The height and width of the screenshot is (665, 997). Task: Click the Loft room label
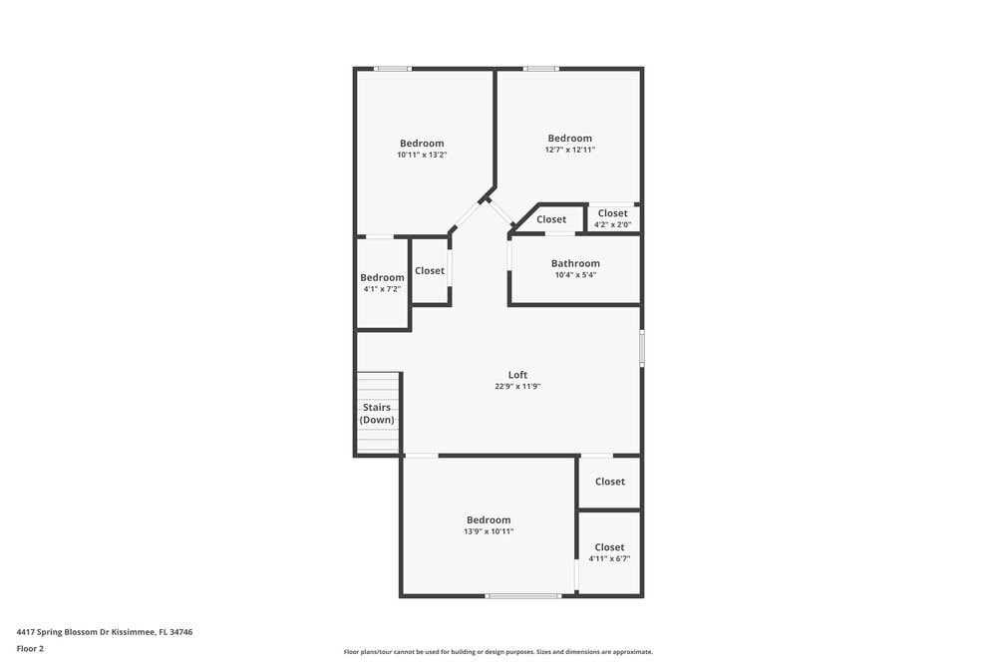coord(517,375)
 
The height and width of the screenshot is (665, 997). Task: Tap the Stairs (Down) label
coord(377,414)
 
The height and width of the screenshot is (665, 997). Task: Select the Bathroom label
coord(575,263)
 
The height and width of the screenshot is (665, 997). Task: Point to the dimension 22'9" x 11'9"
coord(517,387)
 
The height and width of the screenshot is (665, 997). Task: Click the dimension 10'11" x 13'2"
coord(422,155)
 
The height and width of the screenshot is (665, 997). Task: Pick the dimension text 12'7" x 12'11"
coord(569,150)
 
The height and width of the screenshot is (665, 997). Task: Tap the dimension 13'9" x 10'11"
coord(489,531)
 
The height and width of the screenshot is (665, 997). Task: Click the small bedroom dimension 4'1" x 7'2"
coord(382,289)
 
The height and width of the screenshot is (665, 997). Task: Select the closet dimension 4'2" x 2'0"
coord(613,224)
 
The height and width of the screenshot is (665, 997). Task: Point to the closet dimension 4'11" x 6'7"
coord(609,558)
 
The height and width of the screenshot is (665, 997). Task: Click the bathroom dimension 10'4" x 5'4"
coord(575,275)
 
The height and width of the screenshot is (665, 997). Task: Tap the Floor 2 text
coord(30,648)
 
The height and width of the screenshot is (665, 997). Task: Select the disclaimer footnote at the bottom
coord(498,652)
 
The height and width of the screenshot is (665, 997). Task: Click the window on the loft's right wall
coord(642,347)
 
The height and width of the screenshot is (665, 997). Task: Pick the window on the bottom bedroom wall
coord(523,596)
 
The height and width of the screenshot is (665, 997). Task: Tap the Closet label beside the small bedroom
coord(430,270)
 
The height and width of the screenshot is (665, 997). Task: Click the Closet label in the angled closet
coord(551,219)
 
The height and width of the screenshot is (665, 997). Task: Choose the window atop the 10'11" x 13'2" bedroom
coord(393,68)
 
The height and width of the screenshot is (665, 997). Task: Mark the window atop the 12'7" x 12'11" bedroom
coord(541,68)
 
